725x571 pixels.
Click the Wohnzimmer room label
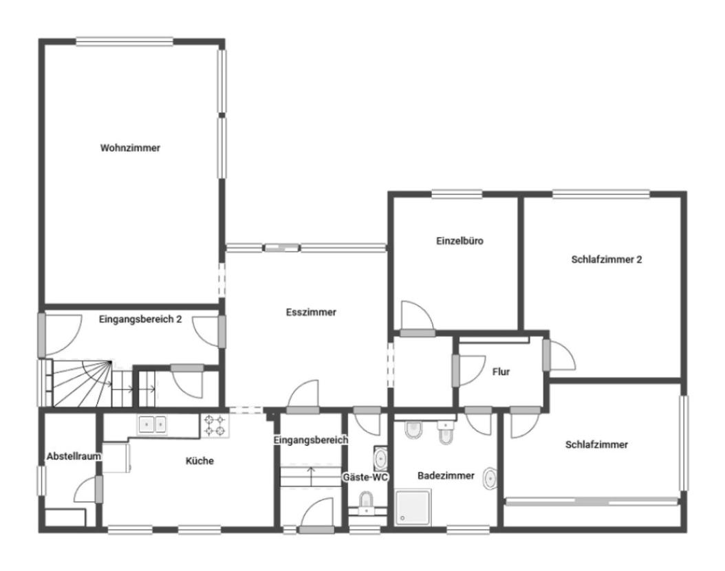point(130,148)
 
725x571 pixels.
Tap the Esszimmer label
point(311,312)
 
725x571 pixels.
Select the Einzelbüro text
point(459,241)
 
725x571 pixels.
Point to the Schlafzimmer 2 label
point(606,259)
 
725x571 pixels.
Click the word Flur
point(501,371)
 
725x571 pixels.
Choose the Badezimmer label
point(446,475)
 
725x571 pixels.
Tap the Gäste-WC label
point(365,477)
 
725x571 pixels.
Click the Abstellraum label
point(74,456)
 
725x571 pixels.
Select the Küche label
point(199,461)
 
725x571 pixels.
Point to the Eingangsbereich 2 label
point(140,319)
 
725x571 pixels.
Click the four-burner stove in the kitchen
point(215,425)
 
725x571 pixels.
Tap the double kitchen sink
point(152,424)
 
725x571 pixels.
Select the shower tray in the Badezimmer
point(413,508)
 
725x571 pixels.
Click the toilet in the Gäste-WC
point(366,500)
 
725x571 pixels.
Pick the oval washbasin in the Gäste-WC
point(380,459)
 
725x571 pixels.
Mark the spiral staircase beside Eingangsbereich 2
point(81,384)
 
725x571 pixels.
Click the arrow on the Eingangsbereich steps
point(311,475)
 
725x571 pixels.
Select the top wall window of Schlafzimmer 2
point(600,194)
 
